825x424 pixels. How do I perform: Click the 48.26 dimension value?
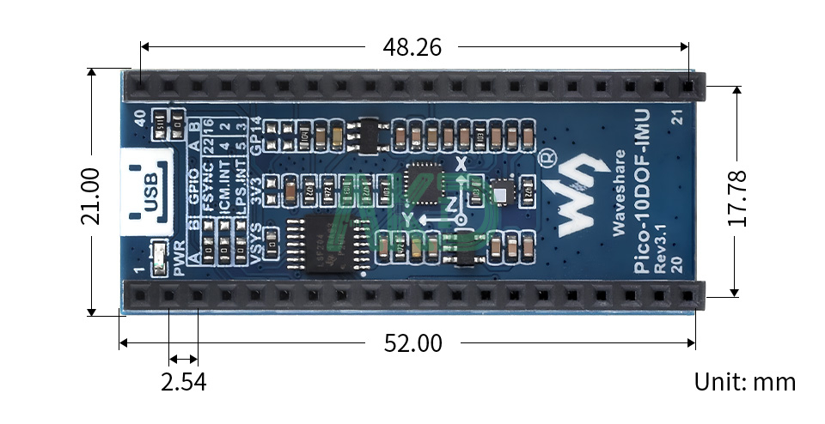[x=412, y=47]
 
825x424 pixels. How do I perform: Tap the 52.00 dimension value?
[x=412, y=344]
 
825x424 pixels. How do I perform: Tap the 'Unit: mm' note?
[x=745, y=382]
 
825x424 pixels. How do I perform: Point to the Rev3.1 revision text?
[x=661, y=255]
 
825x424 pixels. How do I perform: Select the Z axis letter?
[x=450, y=203]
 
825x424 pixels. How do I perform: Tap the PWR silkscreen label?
[x=179, y=258]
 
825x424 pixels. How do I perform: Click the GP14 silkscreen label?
[x=255, y=135]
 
